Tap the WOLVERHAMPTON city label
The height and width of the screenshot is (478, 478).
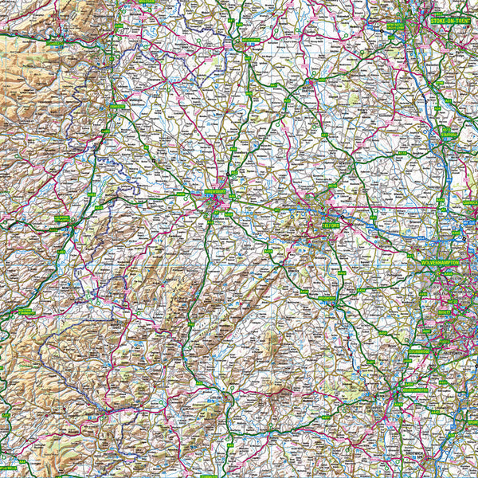(444, 261)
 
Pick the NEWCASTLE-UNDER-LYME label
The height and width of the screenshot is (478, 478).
(396, 27)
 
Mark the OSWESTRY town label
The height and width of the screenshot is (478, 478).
(117, 106)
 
